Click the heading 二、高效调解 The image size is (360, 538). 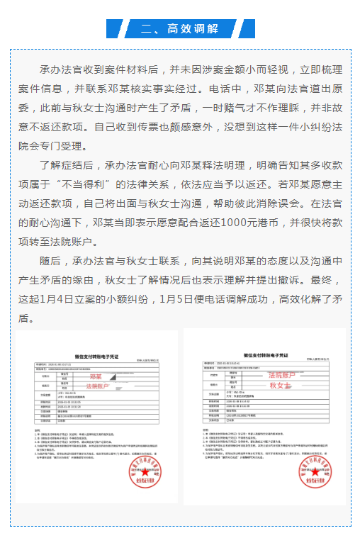[179, 28]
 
